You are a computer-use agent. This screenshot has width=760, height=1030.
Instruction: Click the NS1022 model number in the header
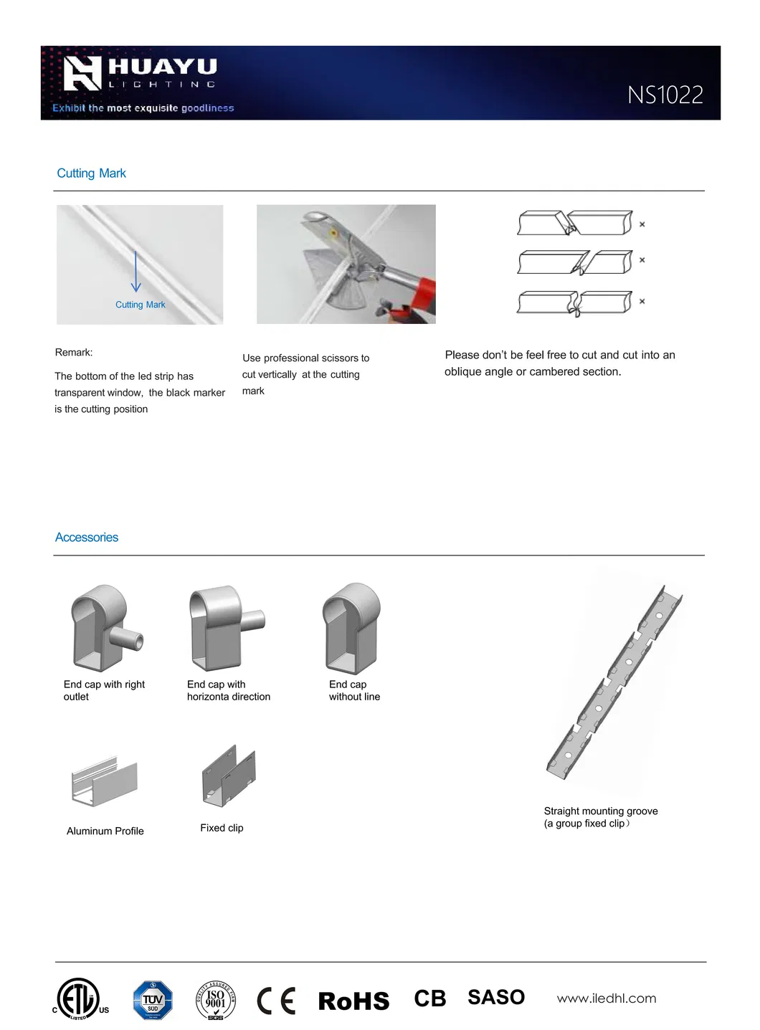(x=665, y=95)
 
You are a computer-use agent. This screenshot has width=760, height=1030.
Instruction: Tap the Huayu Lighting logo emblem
(x=82, y=74)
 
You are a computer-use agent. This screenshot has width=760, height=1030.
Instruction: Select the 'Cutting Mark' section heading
(x=91, y=173)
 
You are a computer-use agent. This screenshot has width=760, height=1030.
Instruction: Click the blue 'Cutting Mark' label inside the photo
(x=140, y=305)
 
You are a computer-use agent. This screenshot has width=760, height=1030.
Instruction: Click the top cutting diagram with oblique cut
(x=575, y=223)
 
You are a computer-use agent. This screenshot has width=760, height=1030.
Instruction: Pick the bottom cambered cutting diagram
(x=575, y=302)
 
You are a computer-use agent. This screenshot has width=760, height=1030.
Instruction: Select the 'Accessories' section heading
(x=87, y=538)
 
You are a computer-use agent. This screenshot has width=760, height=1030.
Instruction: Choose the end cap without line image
(x=351, y=627)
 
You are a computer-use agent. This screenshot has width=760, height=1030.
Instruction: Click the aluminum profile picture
(x=105, y=781)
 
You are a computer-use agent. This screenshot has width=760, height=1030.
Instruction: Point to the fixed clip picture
(x=229, y=776)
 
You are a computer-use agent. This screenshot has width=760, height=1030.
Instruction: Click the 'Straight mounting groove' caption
(x=601, y=811)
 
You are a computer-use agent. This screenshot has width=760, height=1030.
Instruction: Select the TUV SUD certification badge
(x=153, y=1000)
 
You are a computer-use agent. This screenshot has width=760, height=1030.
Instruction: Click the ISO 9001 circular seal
(x=216, y=1000)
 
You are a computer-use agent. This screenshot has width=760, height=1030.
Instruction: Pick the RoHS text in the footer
(x=353, y=1001)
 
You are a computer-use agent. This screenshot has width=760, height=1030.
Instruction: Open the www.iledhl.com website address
(x=607, y=998)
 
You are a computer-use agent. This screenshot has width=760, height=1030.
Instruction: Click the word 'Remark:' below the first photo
(x=74, y=353)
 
